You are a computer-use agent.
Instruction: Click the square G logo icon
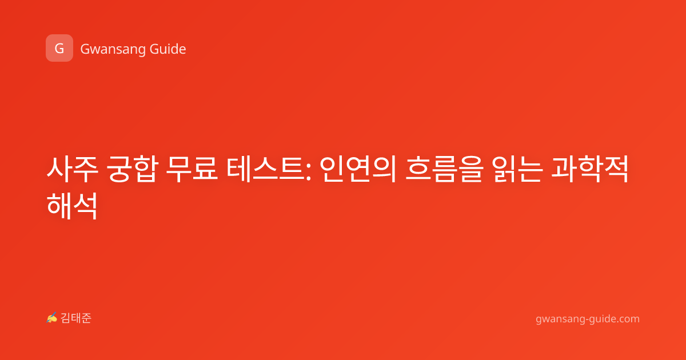click(59, 48)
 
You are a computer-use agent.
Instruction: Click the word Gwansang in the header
click(113, 50)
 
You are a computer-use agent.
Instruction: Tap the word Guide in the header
click(167, 49)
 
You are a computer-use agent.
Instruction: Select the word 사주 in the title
click(72, 169)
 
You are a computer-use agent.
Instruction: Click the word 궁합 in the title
click(133, 169)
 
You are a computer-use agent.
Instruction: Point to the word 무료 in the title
click(192, 169)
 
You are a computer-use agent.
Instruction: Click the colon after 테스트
click(308, 173)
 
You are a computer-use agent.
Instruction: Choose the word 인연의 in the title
click(358, 169)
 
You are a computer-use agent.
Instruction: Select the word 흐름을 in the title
click(444, 169)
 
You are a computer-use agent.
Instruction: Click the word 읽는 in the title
click(517, 169)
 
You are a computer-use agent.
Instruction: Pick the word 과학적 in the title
click(590, 169)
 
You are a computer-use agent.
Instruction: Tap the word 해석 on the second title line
click(72, 206)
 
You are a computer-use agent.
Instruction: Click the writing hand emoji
click(52, 318)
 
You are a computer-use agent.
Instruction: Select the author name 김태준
click(76, 318)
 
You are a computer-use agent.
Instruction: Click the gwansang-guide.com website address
click(588, 319)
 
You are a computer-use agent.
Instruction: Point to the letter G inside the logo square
click(59, 49)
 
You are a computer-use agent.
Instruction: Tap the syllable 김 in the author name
click(66, 318)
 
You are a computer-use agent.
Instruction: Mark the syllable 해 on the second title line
click(59, 206)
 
